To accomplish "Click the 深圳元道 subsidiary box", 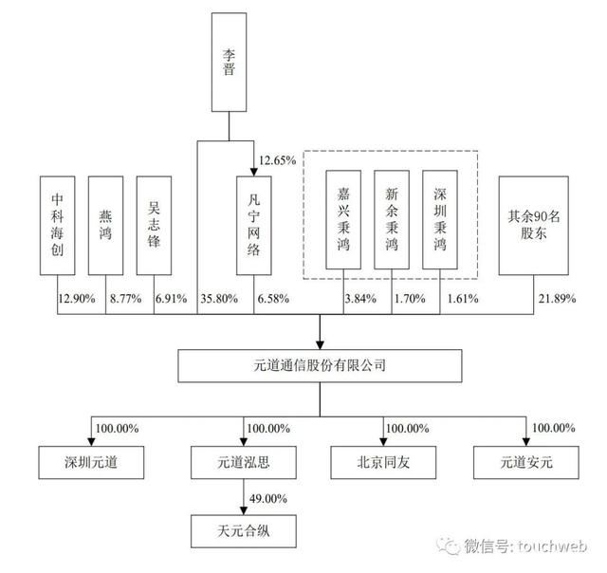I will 86,462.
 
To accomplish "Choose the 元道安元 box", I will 525,462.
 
